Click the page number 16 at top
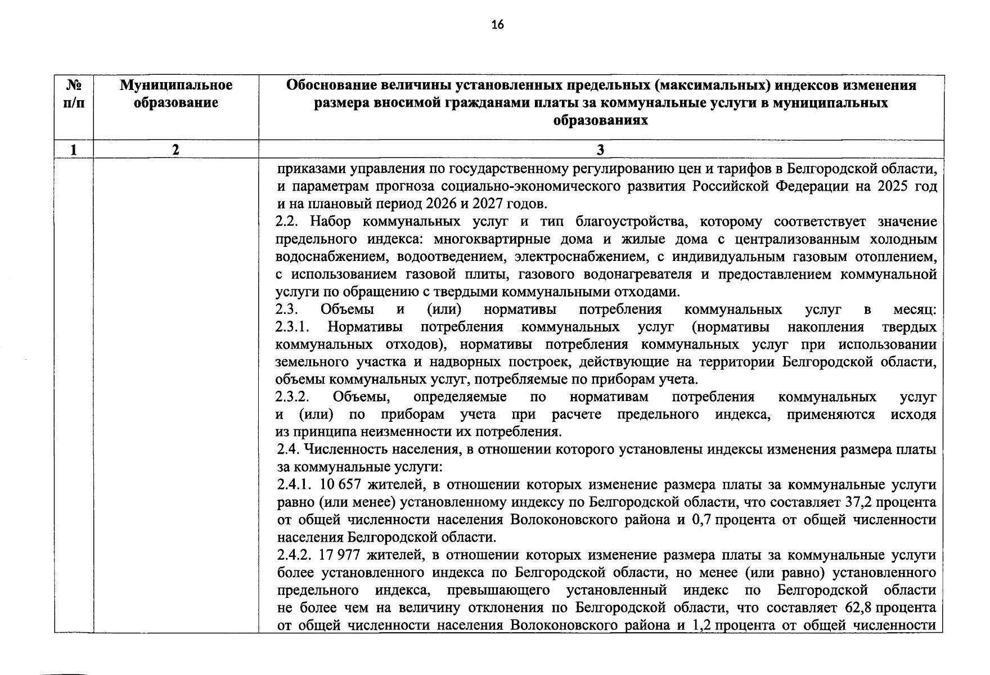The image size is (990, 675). click(x=497, y=24)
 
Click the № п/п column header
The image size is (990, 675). click(x=74, y=94)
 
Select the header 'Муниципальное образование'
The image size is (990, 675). click(x=175, y=94)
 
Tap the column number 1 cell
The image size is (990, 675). click(x=74, y=150)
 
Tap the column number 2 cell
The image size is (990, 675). click(x=175, y=150)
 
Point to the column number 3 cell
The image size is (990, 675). click(x=600, y=150)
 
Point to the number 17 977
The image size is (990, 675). click(x=339, y=555)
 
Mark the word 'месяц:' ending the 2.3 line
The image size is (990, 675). click(x=915, y=309)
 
